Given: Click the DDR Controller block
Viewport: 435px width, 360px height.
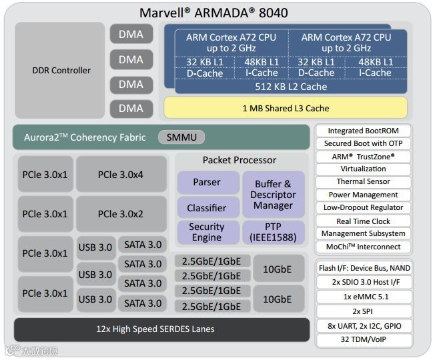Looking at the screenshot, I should click(x=61, y=70).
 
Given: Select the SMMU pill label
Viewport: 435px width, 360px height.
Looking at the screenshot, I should click(x=181, y=137).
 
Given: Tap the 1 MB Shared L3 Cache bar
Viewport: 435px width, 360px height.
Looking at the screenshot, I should click(x=286, y=108).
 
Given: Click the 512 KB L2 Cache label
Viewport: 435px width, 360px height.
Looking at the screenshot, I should click(x=291, y=87).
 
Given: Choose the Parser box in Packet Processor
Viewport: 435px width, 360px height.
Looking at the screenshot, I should click(x=207, y=182).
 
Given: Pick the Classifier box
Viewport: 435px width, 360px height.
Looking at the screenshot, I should click(x=207, y=207).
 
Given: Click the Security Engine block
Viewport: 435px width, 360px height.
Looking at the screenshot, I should click(x=207, y=232).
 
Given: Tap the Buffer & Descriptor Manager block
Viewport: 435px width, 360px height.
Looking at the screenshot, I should click(x=273, y=195).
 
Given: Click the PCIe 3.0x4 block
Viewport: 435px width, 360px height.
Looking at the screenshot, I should click(x=121, y=175).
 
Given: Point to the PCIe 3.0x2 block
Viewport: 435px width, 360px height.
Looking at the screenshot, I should click(x=121, y=214).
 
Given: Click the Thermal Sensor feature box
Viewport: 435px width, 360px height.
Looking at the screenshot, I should click(x=363, y=182).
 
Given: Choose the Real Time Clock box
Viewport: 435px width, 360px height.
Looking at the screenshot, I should click(x=363, y=221).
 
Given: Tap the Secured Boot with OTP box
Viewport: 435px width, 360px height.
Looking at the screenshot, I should click(x=363, y=143).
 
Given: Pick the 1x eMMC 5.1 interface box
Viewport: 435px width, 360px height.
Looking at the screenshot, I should click(x=363, y=296).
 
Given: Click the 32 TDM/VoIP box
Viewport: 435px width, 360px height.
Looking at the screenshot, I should click(x=363, y=340).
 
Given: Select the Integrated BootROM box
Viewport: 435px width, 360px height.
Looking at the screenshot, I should click(x=363, y=131).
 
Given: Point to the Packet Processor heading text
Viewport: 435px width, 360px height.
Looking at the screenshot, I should click(x=239, y=160).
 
